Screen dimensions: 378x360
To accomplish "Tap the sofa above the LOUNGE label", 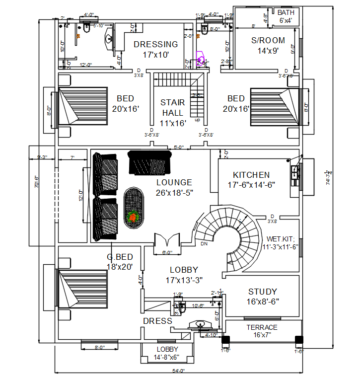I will coord(149,162).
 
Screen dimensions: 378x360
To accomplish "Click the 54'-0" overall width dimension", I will coord(178,371).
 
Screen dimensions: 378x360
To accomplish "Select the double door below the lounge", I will coord(167,240).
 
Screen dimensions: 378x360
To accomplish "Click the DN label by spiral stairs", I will coord(204,244).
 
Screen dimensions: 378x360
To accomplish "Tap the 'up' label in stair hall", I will coord(198,120).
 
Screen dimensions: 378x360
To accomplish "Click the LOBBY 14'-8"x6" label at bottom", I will coord(167,353).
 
